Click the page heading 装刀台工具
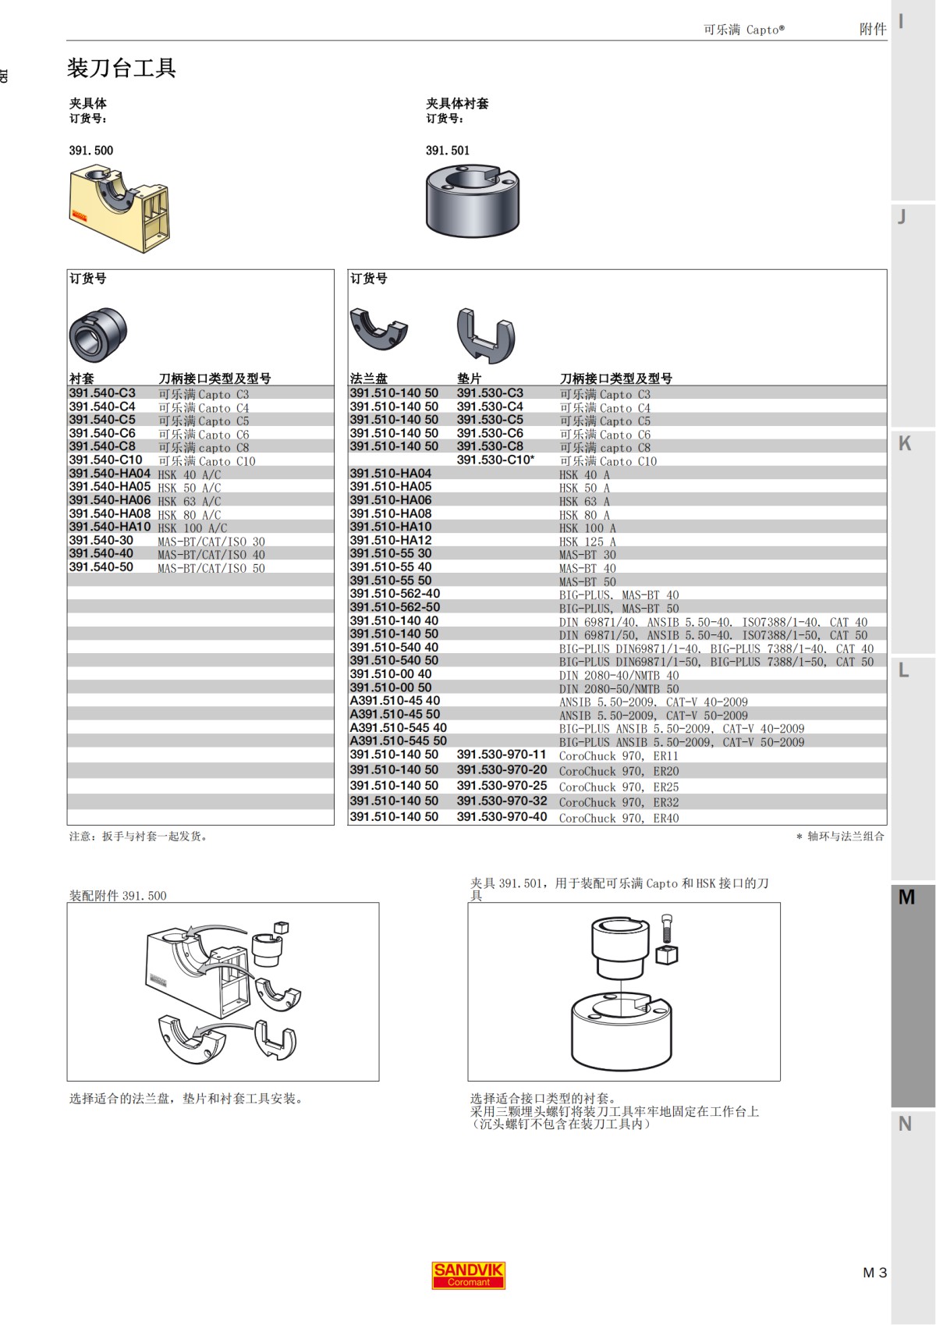pyautogui.click(x=122, y=69)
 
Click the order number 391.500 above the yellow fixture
pyautogui.click(x=90, y=151)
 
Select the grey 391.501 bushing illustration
pyautogui.click(x=472, y=201)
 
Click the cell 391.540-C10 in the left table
pyautogui.click(x=105, y=460)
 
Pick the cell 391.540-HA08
pyautogui.click(x=109, y=513)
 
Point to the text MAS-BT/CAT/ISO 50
pyautogui.click(x=211, y=568)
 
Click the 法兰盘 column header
pyautogui.click(x=368, y=378)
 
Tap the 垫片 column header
pyautogui.click(x=469, y=378)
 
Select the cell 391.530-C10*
pyautogui.click(x=495, y=460)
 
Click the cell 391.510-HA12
pyautogui.click(x=390, y=540)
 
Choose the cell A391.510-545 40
pyautogui.click(x=398, y=727)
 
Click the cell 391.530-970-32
pyautogui.click(x=502, y=801)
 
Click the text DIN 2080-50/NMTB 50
pyautogui.click(x=619, y=689)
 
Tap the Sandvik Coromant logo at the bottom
pyautogui.click(x=468, y=1274)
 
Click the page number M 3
pyautogui.click(x=874, y=1273)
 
